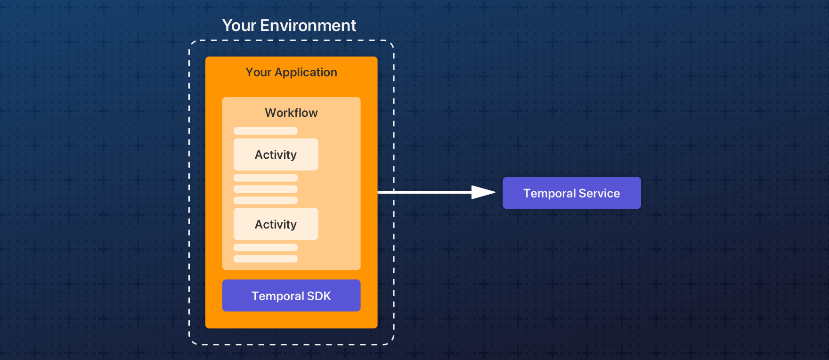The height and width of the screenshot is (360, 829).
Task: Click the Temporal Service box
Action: (571, 193)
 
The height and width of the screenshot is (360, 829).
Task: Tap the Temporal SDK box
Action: (291, 295)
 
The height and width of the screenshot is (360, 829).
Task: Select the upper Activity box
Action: (276, 154)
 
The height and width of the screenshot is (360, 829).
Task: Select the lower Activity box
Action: (276, 224)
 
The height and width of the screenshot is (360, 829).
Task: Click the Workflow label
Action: (291, 113)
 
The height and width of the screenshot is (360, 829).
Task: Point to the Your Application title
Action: (291, 72)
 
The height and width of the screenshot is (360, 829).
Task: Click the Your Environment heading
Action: (289, 25)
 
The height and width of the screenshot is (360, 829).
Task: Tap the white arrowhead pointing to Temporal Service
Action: (483, 192)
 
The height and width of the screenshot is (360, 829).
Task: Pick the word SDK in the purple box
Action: (319, 296)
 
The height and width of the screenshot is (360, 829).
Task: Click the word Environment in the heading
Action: (308, 25)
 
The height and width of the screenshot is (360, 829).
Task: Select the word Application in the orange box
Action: (306, 72)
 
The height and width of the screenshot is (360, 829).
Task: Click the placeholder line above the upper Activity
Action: (265, 131)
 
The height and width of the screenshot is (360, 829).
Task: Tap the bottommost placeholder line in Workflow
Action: (265, 259)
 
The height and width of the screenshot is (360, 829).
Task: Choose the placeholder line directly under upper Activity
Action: (265, 178)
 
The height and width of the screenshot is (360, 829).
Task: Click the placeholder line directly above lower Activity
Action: (265, 200)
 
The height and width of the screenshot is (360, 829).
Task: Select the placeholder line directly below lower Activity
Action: (265, 247)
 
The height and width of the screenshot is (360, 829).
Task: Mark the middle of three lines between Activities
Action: (265, 189)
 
